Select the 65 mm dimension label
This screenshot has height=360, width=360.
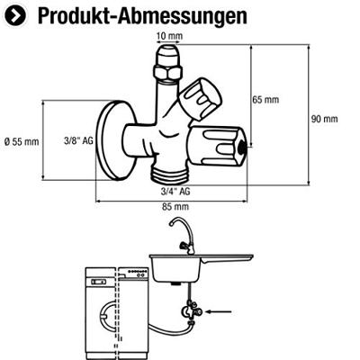pos(265,99)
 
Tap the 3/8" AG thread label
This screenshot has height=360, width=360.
pos(79,141)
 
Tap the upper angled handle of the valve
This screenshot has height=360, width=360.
pos(200,95)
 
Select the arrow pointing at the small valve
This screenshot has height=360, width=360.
pos(216,313)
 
